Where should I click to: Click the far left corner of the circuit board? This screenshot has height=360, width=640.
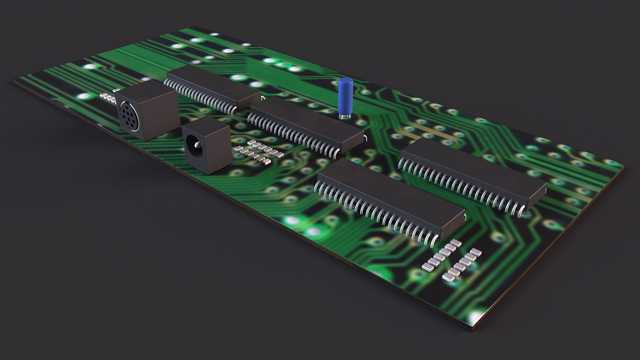pos(15,81)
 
